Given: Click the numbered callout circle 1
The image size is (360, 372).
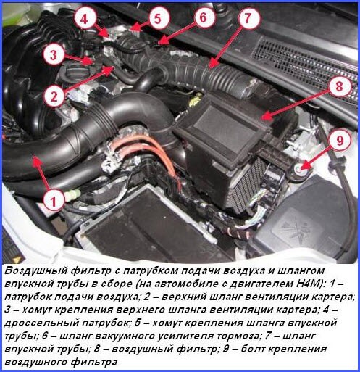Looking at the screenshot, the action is pos(54,201).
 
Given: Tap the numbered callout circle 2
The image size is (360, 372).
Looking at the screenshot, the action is pos(54,96).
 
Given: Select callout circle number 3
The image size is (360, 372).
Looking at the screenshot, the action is pos(54,55).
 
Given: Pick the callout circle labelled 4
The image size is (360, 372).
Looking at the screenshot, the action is pos(84,19).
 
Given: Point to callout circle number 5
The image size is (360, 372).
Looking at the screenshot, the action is pos(157,19).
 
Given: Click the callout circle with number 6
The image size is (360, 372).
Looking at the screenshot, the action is pos(203,17).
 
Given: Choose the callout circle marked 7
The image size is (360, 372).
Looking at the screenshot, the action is pos(248,17).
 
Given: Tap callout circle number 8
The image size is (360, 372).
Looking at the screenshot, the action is pos(339,86).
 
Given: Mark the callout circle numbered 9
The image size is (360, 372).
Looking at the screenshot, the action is pos(340,141).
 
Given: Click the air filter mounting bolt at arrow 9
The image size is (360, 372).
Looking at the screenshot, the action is pos(299,168).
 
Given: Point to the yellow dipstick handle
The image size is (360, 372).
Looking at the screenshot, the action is pos(196,101).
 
